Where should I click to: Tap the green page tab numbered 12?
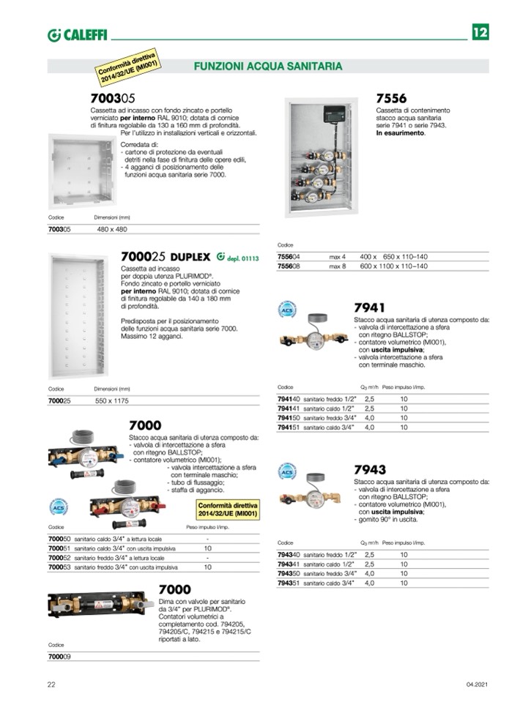480,32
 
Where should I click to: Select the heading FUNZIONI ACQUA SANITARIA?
267,67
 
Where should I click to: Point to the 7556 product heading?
391,98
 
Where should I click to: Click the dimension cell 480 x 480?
112,229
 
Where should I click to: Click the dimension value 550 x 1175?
111,401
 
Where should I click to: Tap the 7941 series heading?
369,308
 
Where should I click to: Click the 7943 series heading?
369,469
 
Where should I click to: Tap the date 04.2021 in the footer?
476,684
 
